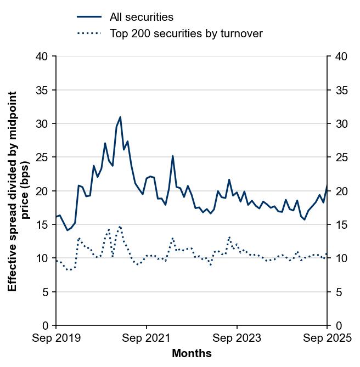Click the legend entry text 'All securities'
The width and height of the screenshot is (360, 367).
click(142, 18)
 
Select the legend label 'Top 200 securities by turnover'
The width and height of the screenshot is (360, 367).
click(186, 33)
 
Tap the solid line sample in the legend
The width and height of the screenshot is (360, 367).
click(89, 18)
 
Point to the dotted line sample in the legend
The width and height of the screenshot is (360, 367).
click(89, 33)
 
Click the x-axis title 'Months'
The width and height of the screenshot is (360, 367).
click(192, 354)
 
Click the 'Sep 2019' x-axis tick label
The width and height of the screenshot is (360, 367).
click(56, 338)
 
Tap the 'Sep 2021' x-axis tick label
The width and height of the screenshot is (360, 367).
click(147, 338)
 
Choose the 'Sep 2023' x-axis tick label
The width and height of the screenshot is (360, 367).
click(237, 338)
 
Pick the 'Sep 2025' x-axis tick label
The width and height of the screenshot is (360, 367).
click(327, 338)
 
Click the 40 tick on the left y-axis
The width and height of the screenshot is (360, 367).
click(43, 57)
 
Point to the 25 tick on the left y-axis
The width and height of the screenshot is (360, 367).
click(43, 157)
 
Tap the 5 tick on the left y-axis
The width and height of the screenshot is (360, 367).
click(46, 292)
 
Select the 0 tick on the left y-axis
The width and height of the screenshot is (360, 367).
click(46, 326)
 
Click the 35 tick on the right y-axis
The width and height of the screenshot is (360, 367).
click(340, 90)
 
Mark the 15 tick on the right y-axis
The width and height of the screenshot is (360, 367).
click(340, 225)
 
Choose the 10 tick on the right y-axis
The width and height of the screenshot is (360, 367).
click(340, 258)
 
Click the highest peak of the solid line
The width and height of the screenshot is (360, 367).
click(120, 117)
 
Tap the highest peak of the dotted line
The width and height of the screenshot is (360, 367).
click(120, 226)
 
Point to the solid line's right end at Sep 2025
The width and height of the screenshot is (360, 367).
click(327, 187)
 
